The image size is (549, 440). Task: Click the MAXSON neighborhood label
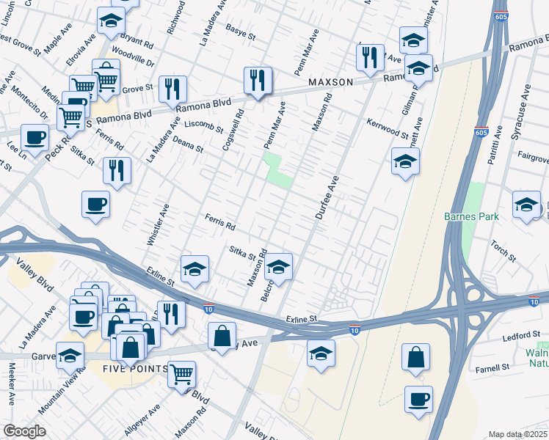pyautogui.click(x=332, y=82)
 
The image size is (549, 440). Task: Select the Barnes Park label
pyautogui.click(x=471, y=216)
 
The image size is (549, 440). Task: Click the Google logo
pyautogui.click(x=24, y=431)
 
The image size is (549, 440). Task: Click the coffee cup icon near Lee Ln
pyautogui.click(x=34, y=136)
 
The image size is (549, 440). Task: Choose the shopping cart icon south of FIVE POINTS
pyautogui.click(x=181, y=374)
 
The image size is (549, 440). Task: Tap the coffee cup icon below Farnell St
pyautogui.click(x=418, y=399)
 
